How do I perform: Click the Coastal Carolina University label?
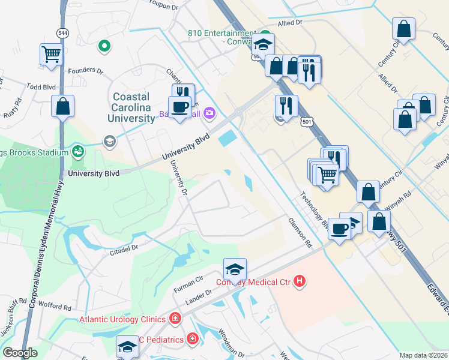[x=131, y=107]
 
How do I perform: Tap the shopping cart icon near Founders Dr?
[x=52, y=54]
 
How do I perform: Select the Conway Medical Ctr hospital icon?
[x=300, y=281]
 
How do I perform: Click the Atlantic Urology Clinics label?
[x=124, y=319]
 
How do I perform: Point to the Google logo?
[x=20, y=353]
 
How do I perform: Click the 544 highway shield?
[x=62, y=32]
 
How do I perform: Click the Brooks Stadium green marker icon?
[x=77, y=151]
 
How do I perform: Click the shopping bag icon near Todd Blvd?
[x=62, y=107]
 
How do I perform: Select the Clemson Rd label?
[x=301, y=233]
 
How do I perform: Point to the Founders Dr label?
[x=86, y=70]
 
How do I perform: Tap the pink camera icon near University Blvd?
[x=209, y=112]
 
